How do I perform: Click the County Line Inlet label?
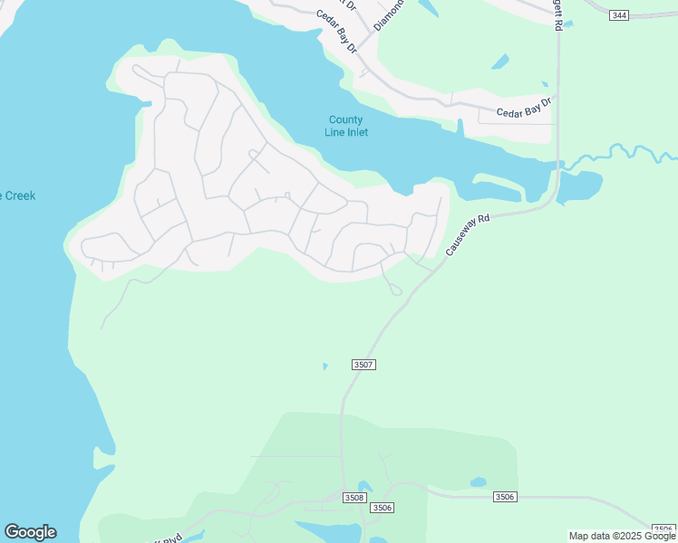(346, 126)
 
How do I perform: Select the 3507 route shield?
(363, 364)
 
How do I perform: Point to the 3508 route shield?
(354, 497)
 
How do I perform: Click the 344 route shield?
(619, 15)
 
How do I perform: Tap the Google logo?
(30, 532)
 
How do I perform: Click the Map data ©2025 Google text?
(622, 536)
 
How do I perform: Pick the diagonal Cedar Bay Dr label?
(337, 31)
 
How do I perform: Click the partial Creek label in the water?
(18, 195)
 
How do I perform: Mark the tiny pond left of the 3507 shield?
(324, 367)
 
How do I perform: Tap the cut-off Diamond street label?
(387, 15)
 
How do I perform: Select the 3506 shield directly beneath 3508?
(383, 508)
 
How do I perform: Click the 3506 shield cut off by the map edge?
(664, 529)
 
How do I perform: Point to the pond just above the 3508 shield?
(365, 487)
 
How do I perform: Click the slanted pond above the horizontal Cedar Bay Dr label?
(499, 62)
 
